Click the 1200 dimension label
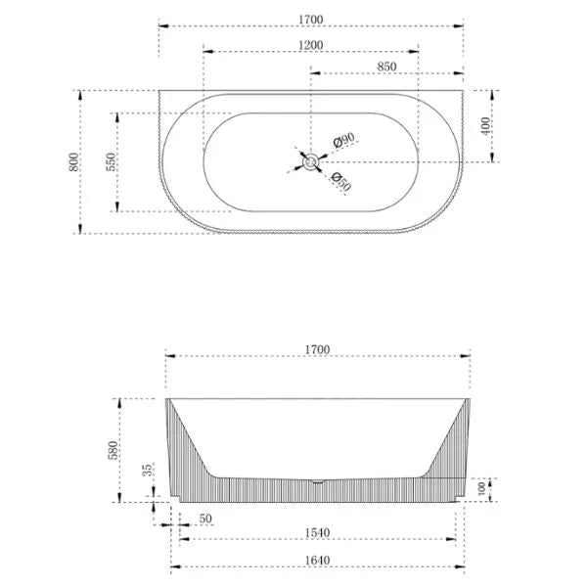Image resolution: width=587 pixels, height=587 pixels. point(310,45)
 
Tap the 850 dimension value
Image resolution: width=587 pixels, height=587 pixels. point(386,67)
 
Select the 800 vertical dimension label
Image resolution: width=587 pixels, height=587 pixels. point(73,162)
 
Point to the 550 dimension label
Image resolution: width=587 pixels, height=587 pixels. point(112,162)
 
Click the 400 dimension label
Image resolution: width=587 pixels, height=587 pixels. point(485,126)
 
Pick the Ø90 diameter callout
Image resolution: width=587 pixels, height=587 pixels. point(343,140)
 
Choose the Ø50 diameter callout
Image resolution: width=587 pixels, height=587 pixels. point(341,182)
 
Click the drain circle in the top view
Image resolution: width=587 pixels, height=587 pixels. point(310,162)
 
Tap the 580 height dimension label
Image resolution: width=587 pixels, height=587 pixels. point(113,450)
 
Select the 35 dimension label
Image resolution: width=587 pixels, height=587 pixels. point(148,470)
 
